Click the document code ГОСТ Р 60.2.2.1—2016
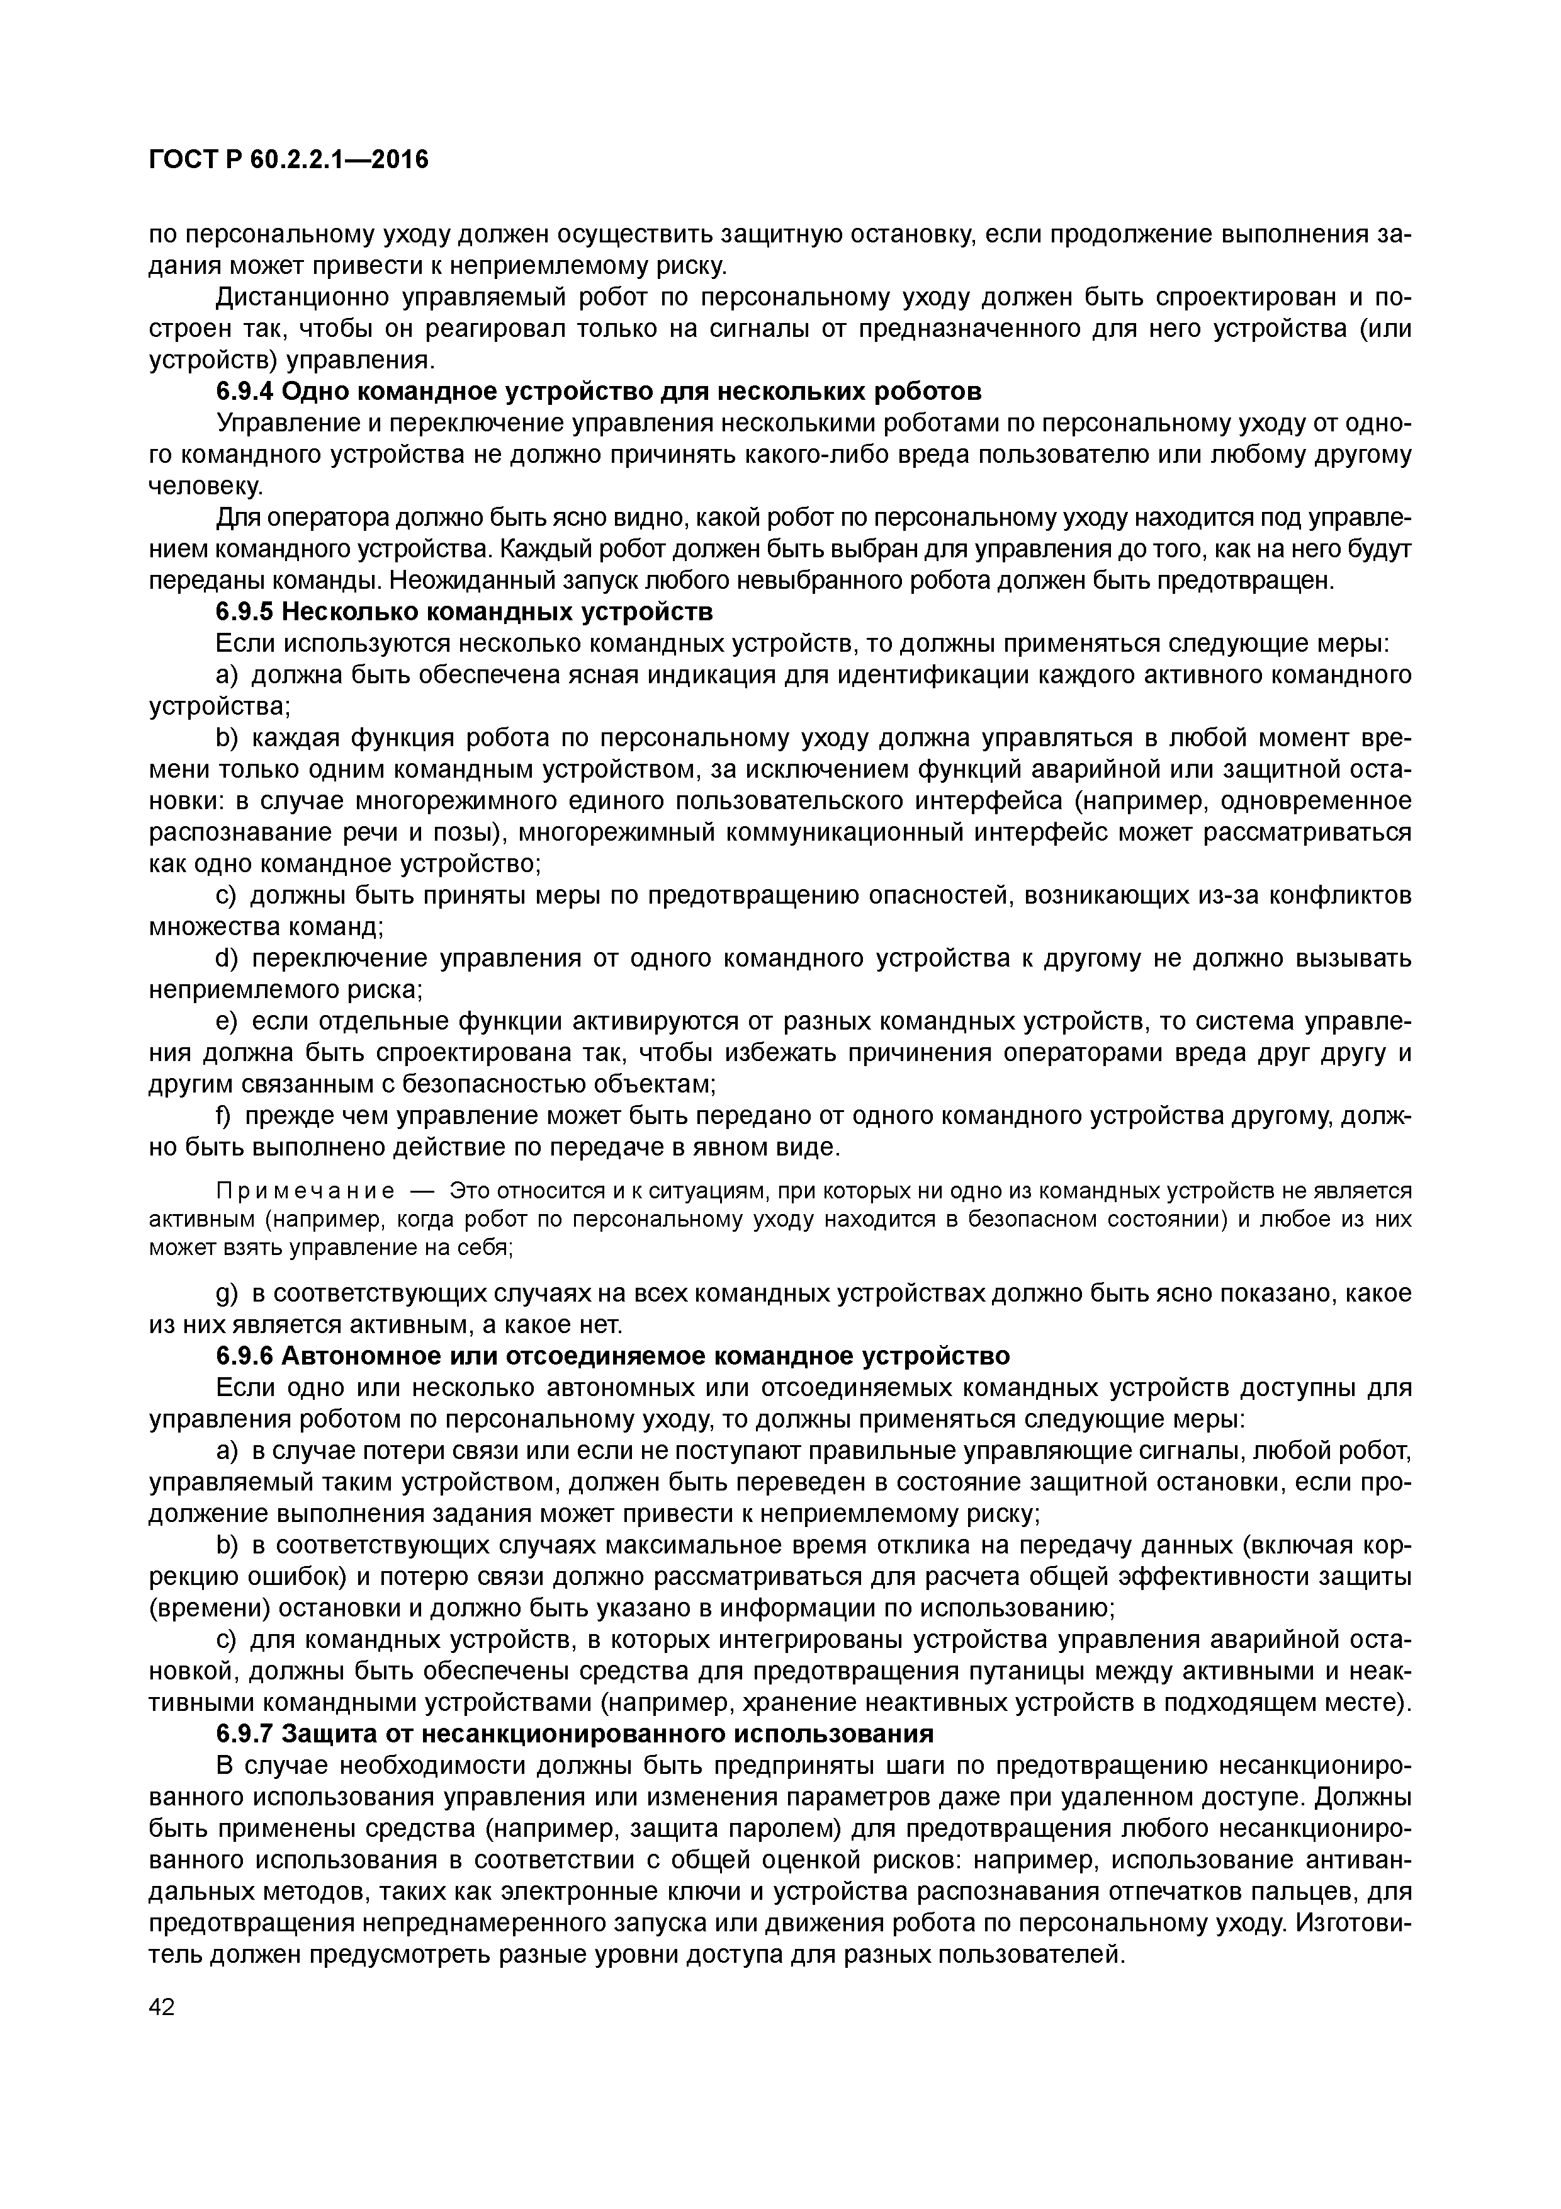tap(288, 159)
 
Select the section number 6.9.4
tap(245, 392)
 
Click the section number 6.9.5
tap(245, 612)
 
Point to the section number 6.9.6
tap(245, 1356)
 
